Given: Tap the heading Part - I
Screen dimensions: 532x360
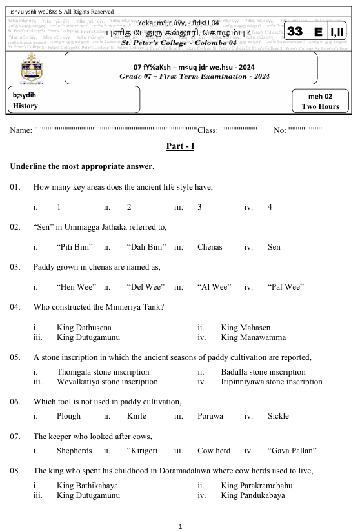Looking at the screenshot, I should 180,146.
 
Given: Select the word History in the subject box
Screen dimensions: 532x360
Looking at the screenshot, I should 25,106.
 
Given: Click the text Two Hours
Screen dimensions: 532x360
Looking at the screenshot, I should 320,106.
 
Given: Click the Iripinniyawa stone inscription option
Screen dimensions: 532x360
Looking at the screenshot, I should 271,382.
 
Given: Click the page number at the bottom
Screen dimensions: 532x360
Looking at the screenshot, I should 180,526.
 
